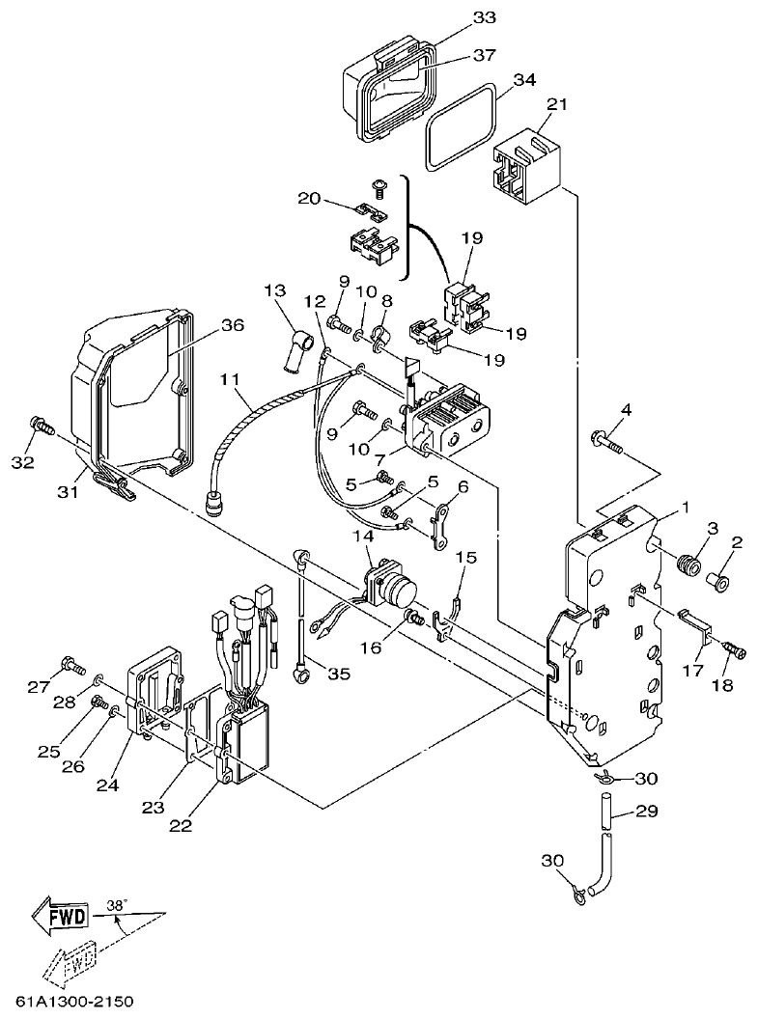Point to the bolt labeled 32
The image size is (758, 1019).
42,425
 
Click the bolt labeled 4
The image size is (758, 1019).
606,442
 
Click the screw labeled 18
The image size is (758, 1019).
735,652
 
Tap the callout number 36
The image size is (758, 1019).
232,326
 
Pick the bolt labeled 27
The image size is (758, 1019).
69,663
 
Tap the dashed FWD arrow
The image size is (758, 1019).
70,960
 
